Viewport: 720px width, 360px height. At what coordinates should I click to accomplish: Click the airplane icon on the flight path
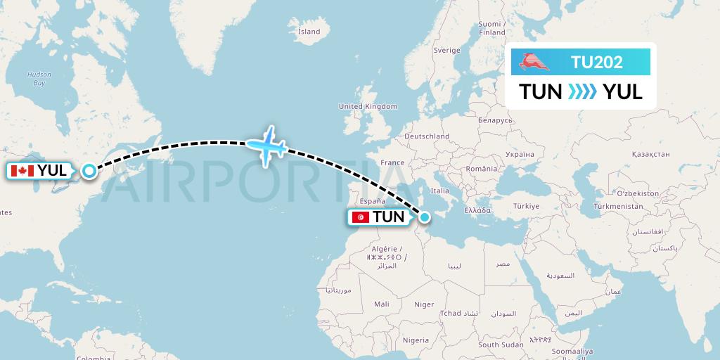tap(266, 146)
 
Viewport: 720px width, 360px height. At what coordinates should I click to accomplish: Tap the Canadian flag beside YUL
tap(23, 171)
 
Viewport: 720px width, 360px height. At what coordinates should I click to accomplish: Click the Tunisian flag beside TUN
tap(361, 217)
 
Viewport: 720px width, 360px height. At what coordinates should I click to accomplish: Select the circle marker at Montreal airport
tap(89, 170)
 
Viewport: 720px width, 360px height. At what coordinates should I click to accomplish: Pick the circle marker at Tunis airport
tap(423, 217)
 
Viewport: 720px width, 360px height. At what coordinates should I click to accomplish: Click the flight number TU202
tap(596, 62)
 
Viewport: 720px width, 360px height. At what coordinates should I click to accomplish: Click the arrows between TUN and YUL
tap(581, 91)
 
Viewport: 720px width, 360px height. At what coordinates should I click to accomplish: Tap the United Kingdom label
tap(368, 106)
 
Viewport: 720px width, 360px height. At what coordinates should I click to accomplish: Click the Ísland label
tap(309, 32)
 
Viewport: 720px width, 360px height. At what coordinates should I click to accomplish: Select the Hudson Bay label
tap(34, 78)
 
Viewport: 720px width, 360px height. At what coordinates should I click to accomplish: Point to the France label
tap(392, 162)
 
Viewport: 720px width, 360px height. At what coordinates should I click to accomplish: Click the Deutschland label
tap(427, 136)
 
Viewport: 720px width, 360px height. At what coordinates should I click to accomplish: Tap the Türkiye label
tap(526, 206)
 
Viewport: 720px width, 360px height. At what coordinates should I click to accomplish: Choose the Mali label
tap(382, 304)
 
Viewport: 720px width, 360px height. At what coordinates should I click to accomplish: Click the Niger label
tap(424, 304)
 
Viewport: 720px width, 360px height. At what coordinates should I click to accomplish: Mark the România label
tap(481, 169)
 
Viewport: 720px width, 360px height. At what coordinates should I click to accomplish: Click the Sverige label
tap(446, 51)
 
